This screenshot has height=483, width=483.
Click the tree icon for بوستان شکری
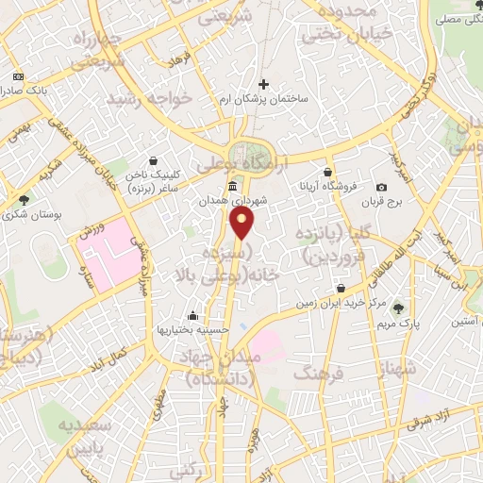(24, 199)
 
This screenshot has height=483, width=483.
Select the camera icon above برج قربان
(381, 188)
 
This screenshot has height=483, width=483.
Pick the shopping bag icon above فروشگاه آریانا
(327, 173)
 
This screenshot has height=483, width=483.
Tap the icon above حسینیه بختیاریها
(192, 316)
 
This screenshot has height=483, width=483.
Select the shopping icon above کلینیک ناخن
(153, 159)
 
